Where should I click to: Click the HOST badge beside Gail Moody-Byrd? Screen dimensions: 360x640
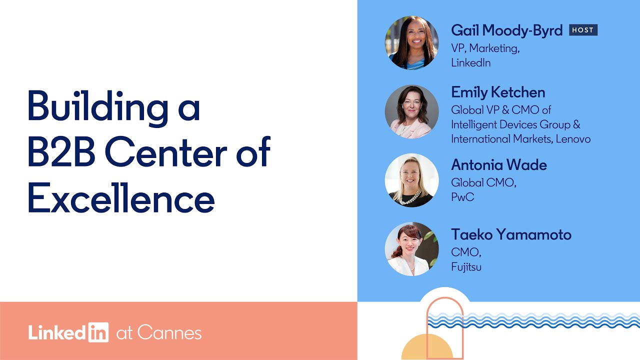pyautogui.click(x=583, y=30)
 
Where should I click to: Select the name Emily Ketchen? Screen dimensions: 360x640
pyautogui.click(x=498, y=92)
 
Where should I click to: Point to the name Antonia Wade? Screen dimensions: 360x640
pyautogui.click(x=499, y=164)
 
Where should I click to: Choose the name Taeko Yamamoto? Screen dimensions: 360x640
pyautogui.click(x=511, y=234)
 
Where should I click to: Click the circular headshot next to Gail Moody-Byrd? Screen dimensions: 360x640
pyautogui.click(x=411, y=42)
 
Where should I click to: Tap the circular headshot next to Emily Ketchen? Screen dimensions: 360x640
pyautogui.click(x=411, y=111)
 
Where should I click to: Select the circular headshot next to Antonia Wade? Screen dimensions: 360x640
pyautogui.click(x=411, y=180)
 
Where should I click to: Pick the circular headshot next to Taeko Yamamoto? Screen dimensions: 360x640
pyautogui.click(x=411, y=249)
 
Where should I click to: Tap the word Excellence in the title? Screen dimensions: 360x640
pyautogui.click(x=121, y=199)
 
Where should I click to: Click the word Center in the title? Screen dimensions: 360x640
pyautogui.click(x=167, y=152)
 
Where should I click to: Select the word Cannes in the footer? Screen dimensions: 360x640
pyautogui.click(x=169, y=333)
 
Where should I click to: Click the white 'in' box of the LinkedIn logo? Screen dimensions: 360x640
pyautogui.click(x=98, y=332)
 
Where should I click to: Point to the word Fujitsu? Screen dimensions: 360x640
pyautogui.click(x=466, y=266)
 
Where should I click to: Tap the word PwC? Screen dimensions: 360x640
pyautogui.click(x=462, y=197)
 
